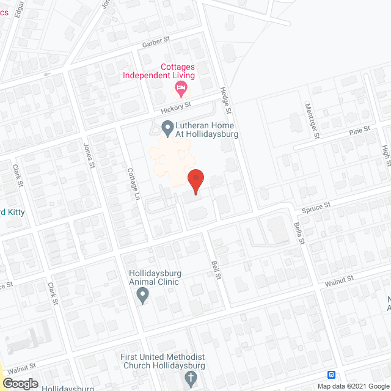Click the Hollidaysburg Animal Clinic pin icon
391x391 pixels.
143,296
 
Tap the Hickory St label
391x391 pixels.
176,108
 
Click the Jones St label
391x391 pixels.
89,156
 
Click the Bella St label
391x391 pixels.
301,233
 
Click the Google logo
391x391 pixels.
20,383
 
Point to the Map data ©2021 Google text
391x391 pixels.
353,386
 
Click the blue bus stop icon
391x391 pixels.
331,375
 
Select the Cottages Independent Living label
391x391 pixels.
159,71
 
